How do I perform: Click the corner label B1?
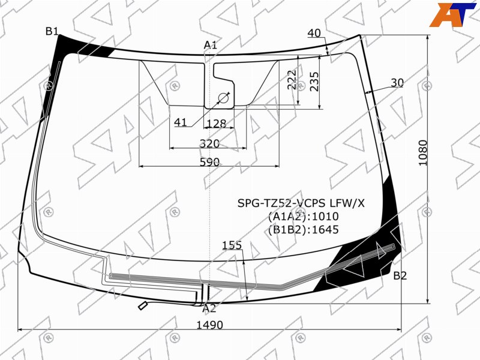point(52,31)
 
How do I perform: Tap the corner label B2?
point(400,276)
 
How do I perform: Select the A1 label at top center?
point(211,45)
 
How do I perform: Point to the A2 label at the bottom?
point(209,308)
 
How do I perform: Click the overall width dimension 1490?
point(209,325)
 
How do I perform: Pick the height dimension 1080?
point(423,153)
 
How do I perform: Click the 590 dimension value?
point(209,162)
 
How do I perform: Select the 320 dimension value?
point(209,143)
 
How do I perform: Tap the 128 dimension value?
point(217,124)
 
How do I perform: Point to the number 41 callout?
point(181,122)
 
